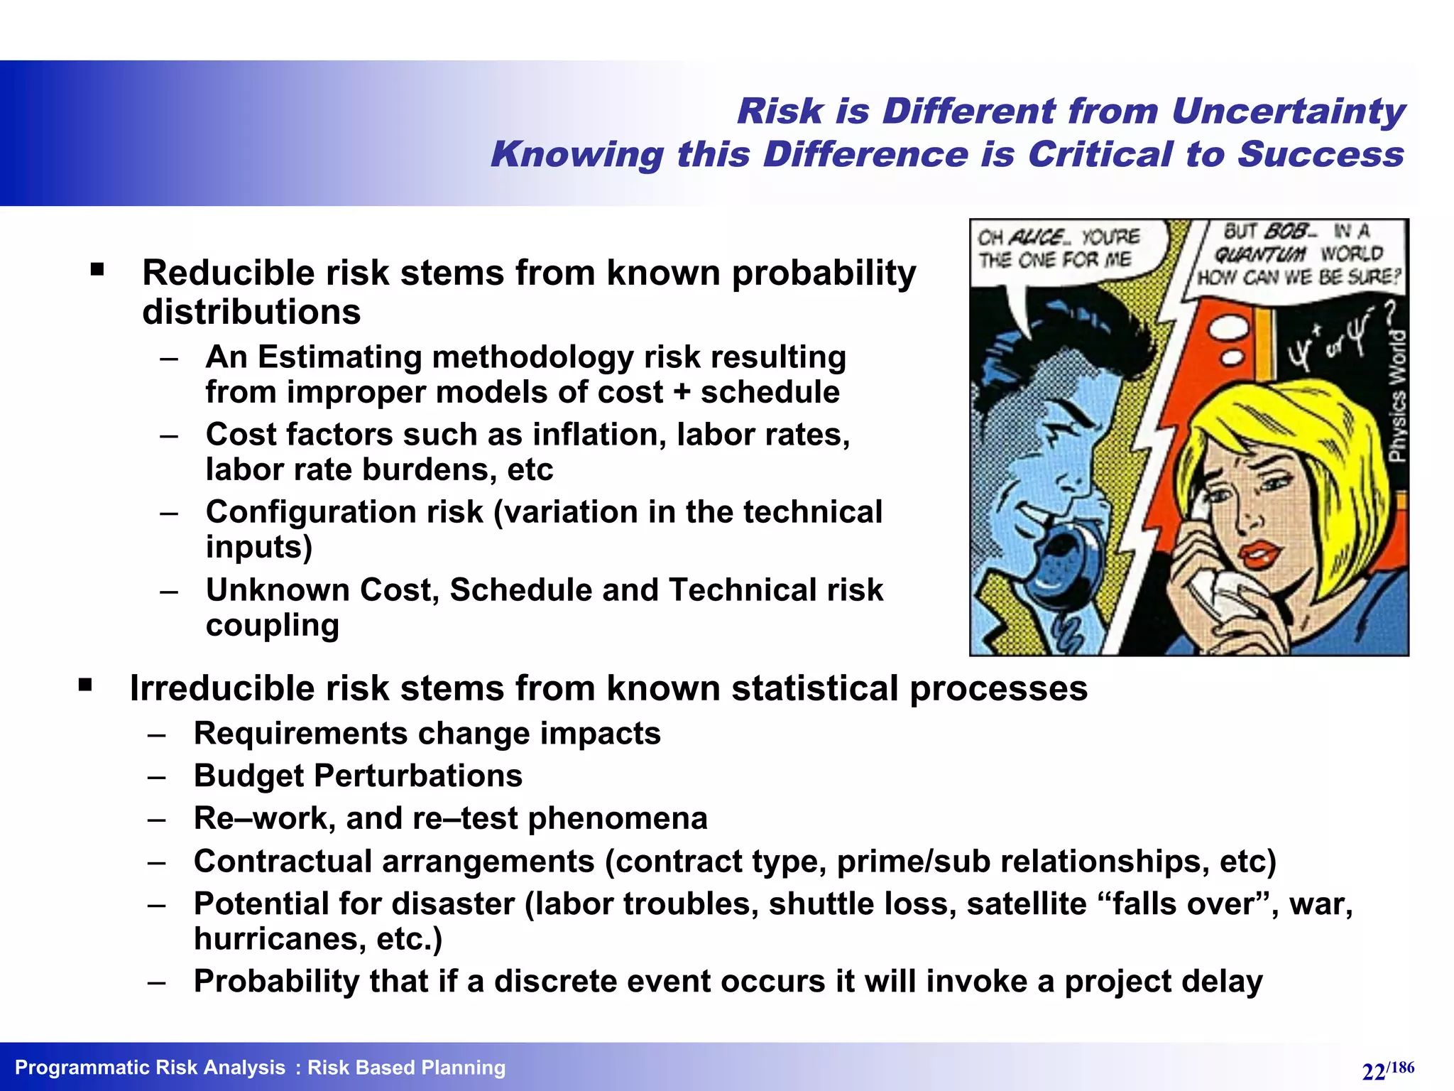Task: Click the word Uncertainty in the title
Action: (1287, 112)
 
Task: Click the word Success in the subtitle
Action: (1320, 155)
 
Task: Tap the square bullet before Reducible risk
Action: (97, 269)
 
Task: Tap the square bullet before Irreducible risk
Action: (85, 685)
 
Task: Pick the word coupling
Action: (272, 626)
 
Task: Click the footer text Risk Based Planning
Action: (406, 1068)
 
